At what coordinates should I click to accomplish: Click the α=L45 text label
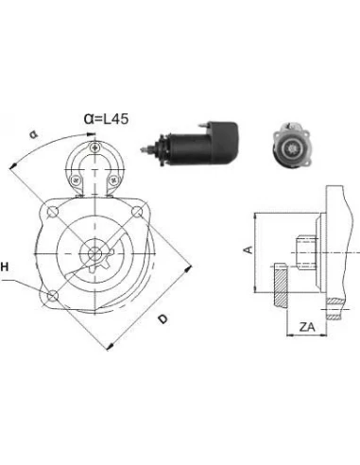[x=106, y=119]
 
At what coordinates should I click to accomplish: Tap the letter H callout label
[x=5, y=267]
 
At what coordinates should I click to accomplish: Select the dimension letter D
[x=163, y=319]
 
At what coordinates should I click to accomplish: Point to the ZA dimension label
[x=307, y=327]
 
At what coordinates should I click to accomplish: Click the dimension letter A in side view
[x=249, y=250]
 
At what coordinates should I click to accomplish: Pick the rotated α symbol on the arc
[x=33, y=134]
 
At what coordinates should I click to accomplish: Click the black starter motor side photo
[x=189, y=143]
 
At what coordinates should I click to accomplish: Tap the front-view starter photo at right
[x=291, y=145]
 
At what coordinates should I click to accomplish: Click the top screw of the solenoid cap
[x=94, y=147]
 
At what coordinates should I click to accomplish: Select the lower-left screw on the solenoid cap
[x=75, y=181]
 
